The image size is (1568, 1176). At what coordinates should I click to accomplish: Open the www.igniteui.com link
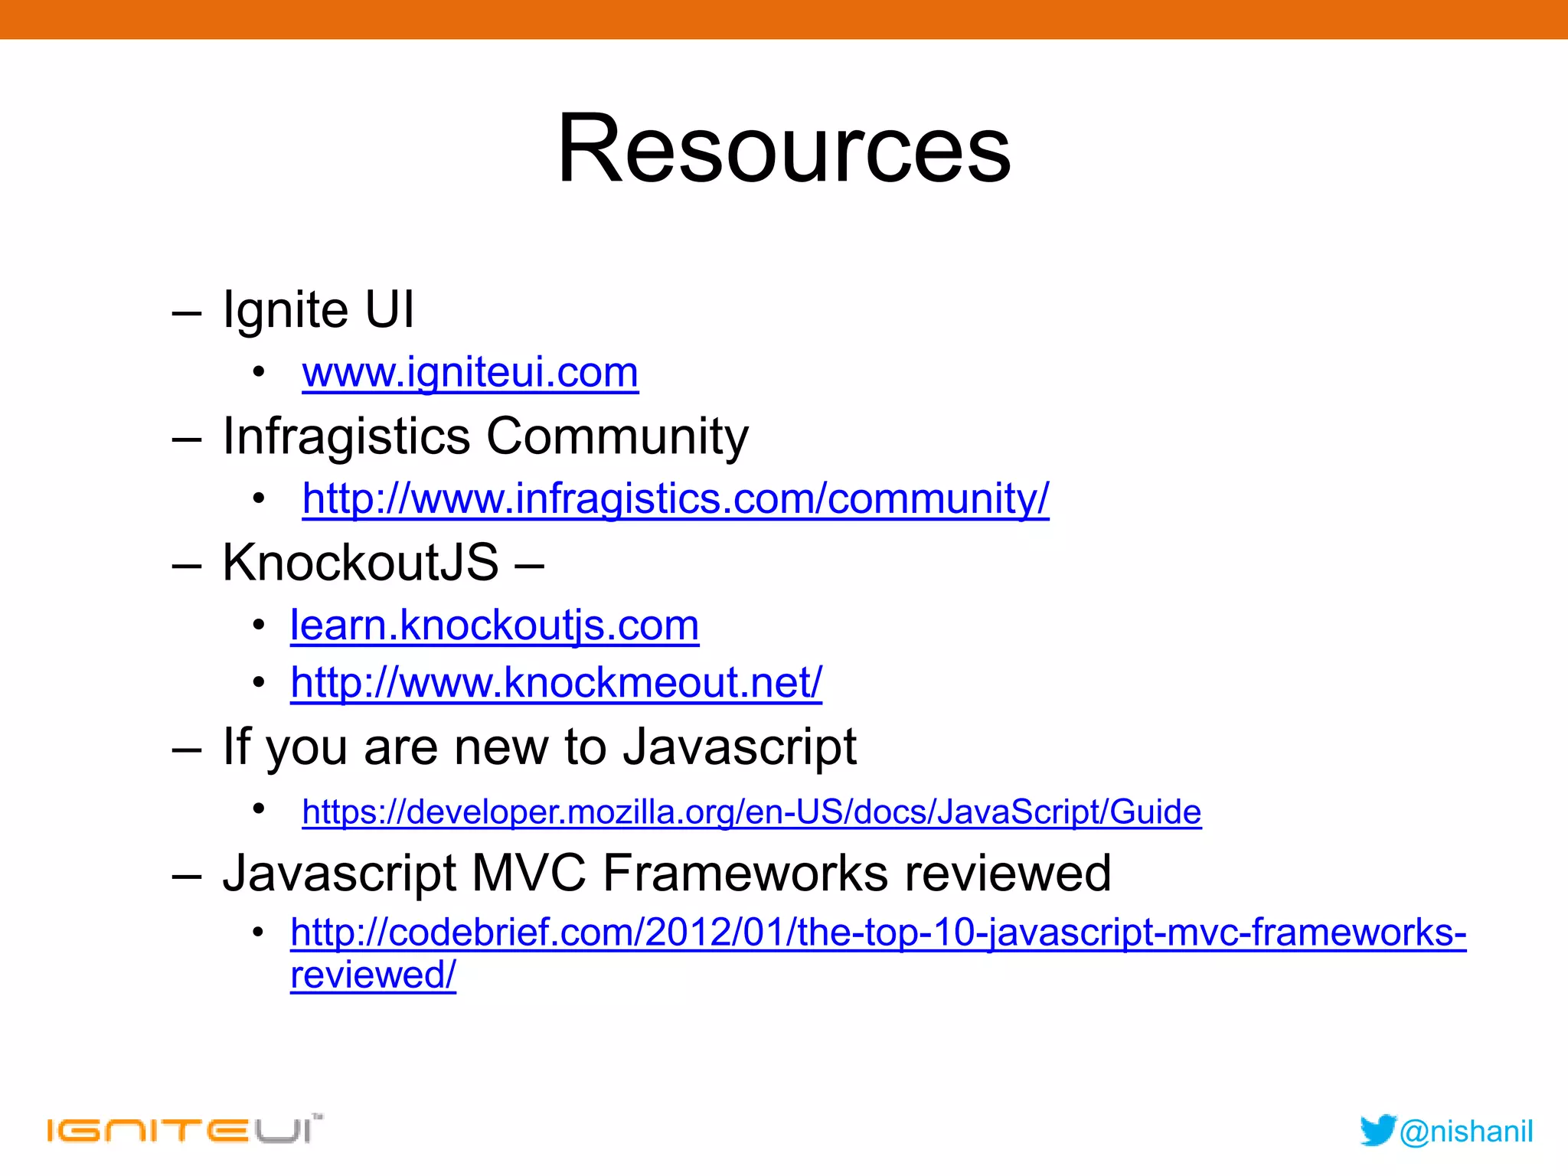(470, 373)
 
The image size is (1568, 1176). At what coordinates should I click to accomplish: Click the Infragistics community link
(675, 499)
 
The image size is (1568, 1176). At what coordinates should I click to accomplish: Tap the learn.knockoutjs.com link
(495, 626)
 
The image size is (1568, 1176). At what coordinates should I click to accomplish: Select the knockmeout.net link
(556, 682)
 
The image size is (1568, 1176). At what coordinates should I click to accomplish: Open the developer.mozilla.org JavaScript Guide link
(751, 812)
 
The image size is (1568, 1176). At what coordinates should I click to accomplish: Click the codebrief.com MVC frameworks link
(877, 933)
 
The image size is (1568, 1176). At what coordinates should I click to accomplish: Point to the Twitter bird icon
(1377, 1131)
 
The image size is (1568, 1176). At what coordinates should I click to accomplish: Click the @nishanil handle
(1466, 1132)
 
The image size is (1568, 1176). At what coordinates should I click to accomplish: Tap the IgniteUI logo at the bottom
(184, 1130)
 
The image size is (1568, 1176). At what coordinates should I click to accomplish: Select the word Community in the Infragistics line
(617, 436)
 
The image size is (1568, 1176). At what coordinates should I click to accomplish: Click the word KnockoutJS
(361, 563)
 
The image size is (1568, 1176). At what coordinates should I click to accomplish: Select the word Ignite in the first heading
(286, 310)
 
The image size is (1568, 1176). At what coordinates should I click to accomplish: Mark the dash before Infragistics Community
(187, 439)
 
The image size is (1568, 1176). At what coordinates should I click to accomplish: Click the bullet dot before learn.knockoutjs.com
(259, 626)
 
